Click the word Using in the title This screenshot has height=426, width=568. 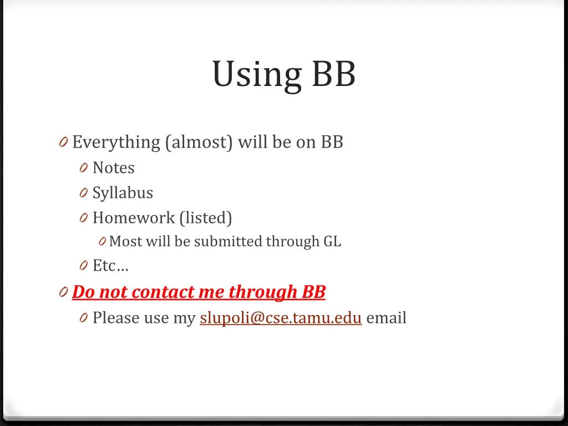256,74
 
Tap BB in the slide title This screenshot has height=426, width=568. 333,74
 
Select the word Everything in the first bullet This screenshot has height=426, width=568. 116,143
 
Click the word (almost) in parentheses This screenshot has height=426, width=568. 199,143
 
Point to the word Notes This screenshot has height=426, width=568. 113,168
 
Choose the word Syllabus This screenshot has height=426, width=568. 123,192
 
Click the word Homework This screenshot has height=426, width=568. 133,217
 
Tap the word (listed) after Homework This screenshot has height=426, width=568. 206,217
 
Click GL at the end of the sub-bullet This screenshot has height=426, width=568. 332,241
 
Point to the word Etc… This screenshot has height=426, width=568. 110,266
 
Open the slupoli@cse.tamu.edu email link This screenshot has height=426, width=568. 281,318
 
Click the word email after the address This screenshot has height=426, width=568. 386,318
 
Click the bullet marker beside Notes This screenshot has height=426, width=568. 83,168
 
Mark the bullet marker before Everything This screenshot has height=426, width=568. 62,143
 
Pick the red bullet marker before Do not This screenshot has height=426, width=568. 62,292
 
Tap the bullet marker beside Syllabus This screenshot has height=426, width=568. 83,193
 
